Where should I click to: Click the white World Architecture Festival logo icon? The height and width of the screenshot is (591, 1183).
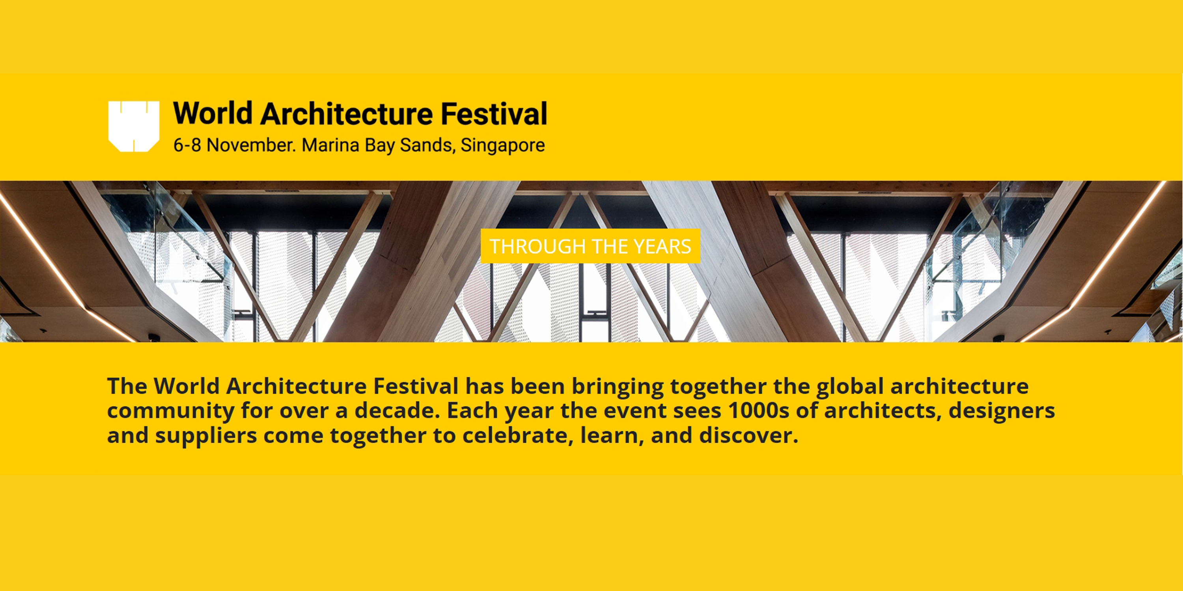click(x=134, y=126)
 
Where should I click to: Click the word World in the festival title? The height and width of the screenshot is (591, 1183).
click(x=213, y=113)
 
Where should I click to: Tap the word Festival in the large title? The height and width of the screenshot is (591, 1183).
click(x=494, y=113)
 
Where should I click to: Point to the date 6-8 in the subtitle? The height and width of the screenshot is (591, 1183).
click(x=187, y=145)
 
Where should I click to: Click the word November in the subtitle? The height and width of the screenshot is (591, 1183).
click(x=251, y=145)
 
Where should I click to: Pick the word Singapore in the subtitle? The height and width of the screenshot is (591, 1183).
click(x=502, y=145)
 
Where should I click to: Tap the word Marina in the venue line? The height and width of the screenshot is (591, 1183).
click(x=330, y=145)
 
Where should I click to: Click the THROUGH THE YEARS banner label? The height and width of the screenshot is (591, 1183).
click(x=590, y=246)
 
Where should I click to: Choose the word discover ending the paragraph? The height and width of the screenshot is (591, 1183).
click(x=748, y=435)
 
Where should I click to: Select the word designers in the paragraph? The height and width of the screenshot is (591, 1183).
click(x=1002, y=410)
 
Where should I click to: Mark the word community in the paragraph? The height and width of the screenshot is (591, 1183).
click(x=170, y=411)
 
